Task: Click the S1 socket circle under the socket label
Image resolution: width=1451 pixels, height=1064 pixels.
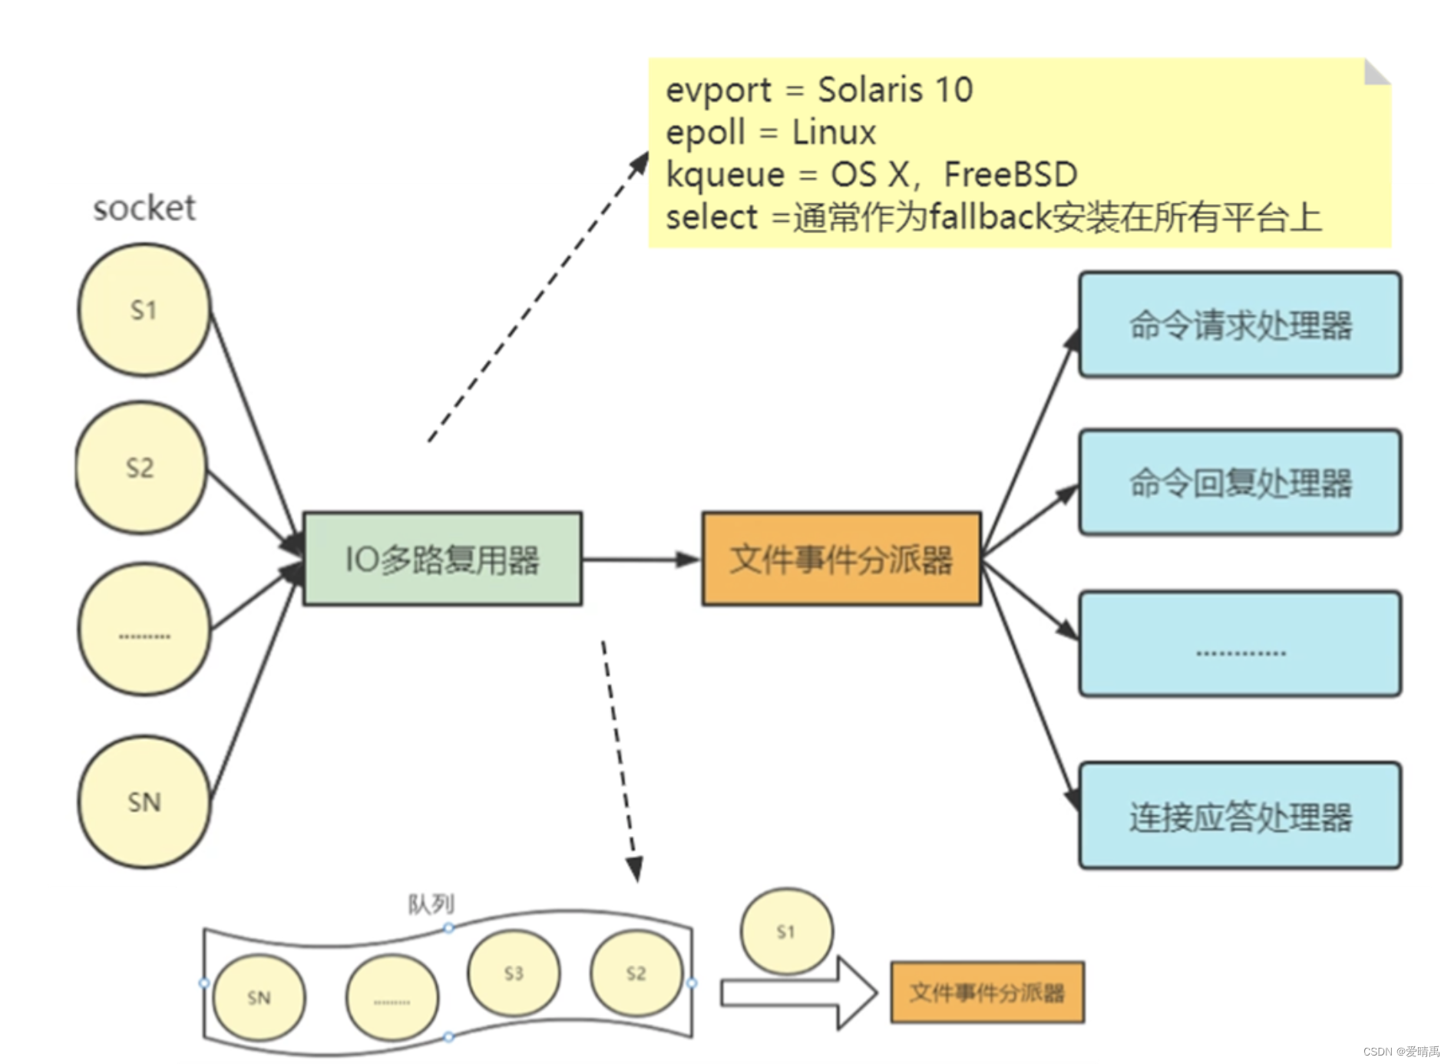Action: (144, 310)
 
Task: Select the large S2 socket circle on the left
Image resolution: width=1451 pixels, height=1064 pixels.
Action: (140, 468)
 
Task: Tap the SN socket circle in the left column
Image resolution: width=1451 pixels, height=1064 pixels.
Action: (144, 802)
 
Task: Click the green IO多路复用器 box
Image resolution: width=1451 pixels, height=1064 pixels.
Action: (442, 559)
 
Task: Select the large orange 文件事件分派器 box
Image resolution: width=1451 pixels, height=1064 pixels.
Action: (841, 559)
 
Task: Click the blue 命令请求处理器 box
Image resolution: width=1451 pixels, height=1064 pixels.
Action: (1239, 325)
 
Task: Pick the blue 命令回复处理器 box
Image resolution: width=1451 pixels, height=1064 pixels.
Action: (1239, 483)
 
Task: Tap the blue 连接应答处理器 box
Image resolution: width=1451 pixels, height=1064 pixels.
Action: (1239, 816)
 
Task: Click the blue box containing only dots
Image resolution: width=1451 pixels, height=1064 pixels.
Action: (1239, 644)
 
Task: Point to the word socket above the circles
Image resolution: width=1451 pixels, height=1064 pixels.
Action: (144, 208)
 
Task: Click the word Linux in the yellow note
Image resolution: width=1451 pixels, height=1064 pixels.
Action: (833, 132)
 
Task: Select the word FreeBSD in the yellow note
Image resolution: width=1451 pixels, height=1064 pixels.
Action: (1010, 174)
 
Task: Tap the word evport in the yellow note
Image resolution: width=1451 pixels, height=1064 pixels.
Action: (718, 91)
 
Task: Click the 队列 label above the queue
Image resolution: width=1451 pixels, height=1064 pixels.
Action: (431, 904)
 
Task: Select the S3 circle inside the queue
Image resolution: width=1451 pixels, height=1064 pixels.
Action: (514, 973)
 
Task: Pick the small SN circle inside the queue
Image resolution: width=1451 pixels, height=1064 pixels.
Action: (259, 997)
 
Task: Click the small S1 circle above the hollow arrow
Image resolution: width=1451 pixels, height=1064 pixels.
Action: (786, 931)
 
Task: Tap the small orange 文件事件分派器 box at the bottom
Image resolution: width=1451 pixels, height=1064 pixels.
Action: (987, 993)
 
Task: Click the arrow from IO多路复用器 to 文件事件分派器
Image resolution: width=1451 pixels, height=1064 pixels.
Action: (641, 560)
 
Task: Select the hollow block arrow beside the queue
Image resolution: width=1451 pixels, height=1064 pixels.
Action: (798, 993)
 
